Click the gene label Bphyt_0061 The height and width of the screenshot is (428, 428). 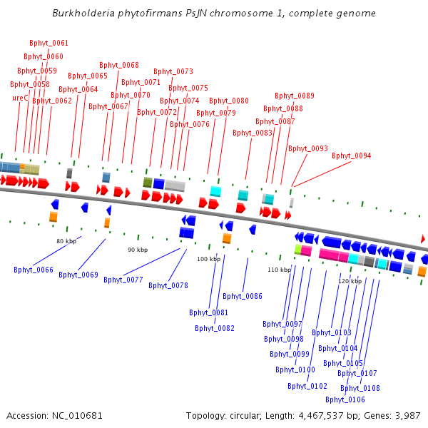[49, 44]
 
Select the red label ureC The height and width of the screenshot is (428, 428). [20, 98]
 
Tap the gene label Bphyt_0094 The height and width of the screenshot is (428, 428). [351, 156]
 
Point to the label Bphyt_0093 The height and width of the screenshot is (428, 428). [308, 148]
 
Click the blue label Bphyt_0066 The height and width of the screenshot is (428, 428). [34, 269]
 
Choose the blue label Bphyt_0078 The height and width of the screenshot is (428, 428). [168, 285]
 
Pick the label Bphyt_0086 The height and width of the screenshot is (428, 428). [243, 296]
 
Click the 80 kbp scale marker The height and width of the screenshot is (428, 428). [66, 241]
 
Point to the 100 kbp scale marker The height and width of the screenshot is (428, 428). [208, 259]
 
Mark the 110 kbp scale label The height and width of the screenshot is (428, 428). [279, 270]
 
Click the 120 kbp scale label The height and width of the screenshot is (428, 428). [350, 281]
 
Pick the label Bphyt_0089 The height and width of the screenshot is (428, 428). [295, 96]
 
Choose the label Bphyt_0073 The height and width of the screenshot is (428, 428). [173, 71]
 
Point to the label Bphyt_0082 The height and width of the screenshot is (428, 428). [215, 328]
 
